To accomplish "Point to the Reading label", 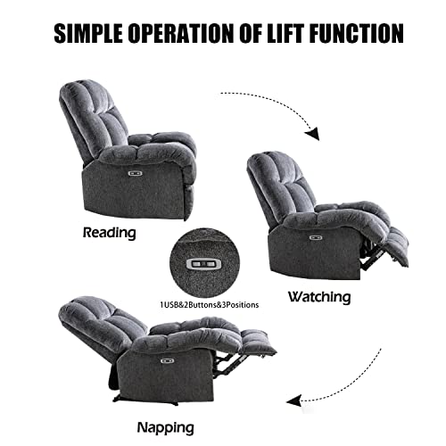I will coord(109,233).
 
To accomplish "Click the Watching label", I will coord(318,296).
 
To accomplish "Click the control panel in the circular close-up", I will coord(204,263).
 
